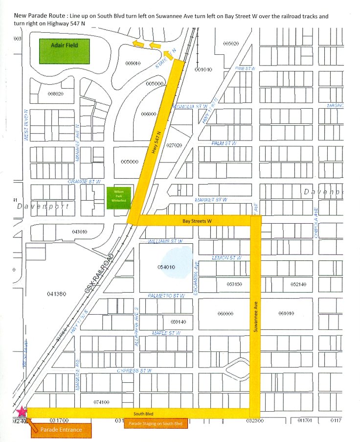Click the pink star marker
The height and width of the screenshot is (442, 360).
22,413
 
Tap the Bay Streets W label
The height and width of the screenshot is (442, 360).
197,221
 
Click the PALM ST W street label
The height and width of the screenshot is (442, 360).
224,143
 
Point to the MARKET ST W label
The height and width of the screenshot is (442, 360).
211,200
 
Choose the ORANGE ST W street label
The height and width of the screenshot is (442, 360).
85,181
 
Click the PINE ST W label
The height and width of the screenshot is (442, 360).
245,69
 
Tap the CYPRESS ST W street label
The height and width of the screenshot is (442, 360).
135,371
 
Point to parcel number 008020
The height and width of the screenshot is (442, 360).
56,93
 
